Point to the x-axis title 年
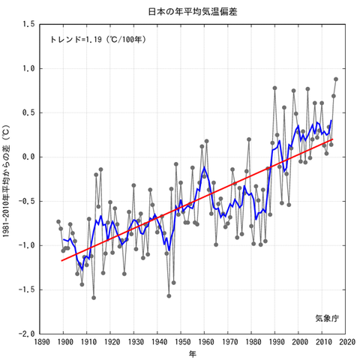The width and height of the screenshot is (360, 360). [192, 353]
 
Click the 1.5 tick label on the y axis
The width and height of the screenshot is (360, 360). [28, 25]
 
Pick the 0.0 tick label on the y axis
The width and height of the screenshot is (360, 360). [28, 157]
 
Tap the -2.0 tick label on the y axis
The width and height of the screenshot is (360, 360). [27, 334]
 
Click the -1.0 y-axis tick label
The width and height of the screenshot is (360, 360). [27, 245]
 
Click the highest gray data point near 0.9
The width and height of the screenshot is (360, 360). [336, 79]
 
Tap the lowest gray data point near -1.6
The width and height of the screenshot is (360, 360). [94, 297]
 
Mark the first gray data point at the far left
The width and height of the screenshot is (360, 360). [58, 221]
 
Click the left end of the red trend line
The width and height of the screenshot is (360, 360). [61, 261]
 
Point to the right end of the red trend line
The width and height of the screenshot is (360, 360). [332, 139]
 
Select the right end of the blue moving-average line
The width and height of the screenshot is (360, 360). [331, 121]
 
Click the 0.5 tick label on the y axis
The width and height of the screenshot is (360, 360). [28, 112]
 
